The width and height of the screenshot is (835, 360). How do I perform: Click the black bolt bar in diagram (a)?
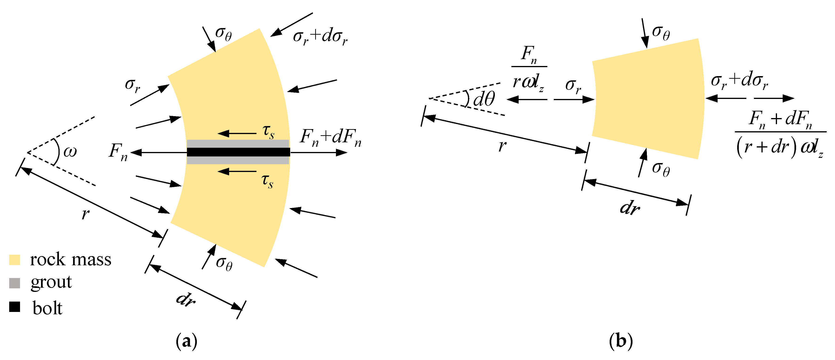[x=238, y=152]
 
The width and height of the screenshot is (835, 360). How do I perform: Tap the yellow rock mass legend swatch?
[x=15, y=260]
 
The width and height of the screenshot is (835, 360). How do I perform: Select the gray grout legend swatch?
[x=15, y=283]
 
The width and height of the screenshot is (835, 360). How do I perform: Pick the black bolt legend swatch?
[x=15, y=307]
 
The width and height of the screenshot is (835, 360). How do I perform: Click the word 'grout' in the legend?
[x=51, y=282]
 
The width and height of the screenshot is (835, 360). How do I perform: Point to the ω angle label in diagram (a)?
[x=70, y=152]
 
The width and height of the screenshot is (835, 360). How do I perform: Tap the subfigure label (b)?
[x=620, y=341]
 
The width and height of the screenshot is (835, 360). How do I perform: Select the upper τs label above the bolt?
[x=268, y=131]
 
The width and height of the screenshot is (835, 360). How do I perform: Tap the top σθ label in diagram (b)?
[x=661, y=33]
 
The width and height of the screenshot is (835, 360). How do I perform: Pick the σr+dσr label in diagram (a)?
[x=320, y=36]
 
